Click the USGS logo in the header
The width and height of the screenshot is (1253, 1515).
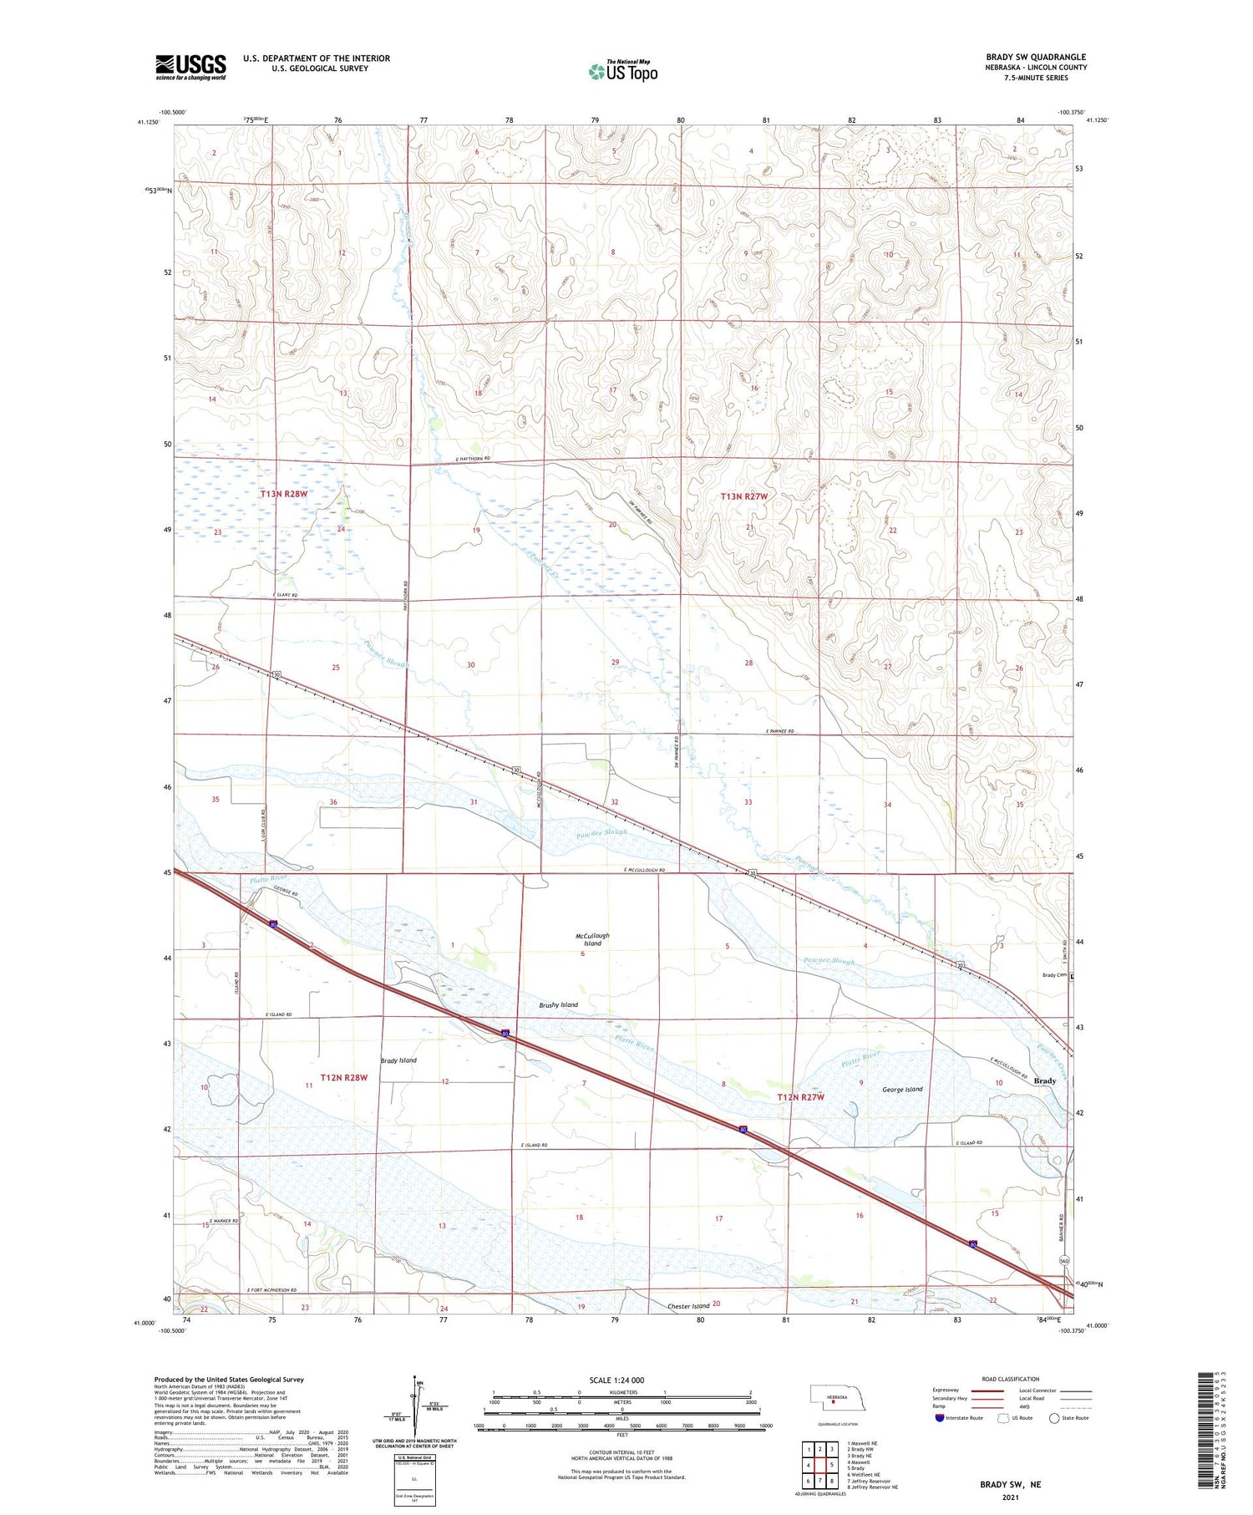pyautogui.click(x=190, y=67)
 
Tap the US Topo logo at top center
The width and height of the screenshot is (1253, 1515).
pyautogui.click(x=623, y=71)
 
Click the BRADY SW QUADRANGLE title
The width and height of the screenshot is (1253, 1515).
pyautogui.click(x=1036, y=57)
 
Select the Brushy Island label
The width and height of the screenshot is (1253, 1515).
pyautogui.click(x=558, y=1004)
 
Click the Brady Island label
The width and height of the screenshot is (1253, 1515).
pyautogui.click(x=398, y=1060)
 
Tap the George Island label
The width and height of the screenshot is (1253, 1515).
pyautogui.click(x=902, y=1090)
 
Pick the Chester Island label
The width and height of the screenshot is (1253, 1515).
pyautogui.click(x=688, y=1305)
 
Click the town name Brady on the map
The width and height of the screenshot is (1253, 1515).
pyautogui.click(x=1045, y=1080)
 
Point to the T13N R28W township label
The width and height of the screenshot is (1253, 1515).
pyautogui.click(x=284, y=494)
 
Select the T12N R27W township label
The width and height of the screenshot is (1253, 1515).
pyautogui.click(x=800, y=1097)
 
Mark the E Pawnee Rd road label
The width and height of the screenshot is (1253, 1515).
pyautogui.click(x=780, y=731)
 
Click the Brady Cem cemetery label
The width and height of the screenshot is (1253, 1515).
pyautogui.click(x=1054, y=975)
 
